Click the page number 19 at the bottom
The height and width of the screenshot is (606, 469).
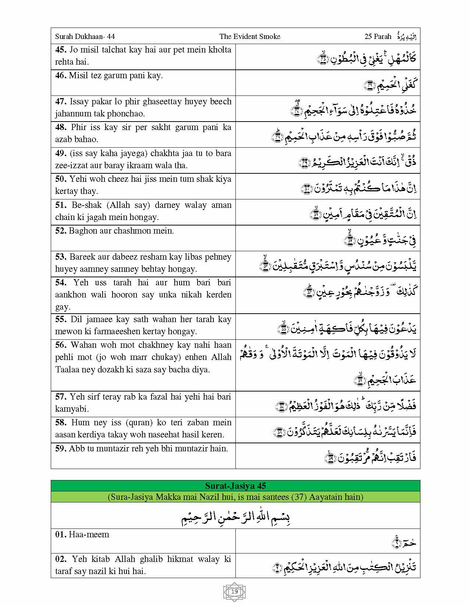pyautogui.click(x=234, y=591)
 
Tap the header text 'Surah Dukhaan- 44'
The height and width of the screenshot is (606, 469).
pyautogui.click(x=85, y=36)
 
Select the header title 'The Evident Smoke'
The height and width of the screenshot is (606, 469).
pyautogui.click(x=250, y=36)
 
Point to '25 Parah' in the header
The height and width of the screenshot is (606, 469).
pyautogui.click(x=378, y=36)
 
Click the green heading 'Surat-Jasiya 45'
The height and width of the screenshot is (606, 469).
pyautogui.click(x=235, y=486)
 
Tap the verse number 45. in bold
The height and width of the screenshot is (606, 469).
pyautogui.click(x=61, y=50)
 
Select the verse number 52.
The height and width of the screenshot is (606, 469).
pyautogui.click(x=61, y=231)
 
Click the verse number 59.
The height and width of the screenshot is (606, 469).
pyautogui.click(x=61, y=448)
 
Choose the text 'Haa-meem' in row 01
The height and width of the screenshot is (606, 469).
pyautogui.click(x=89, y=534)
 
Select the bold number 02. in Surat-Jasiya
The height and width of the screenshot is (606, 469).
pyautogui.click(x=61, y=559)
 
